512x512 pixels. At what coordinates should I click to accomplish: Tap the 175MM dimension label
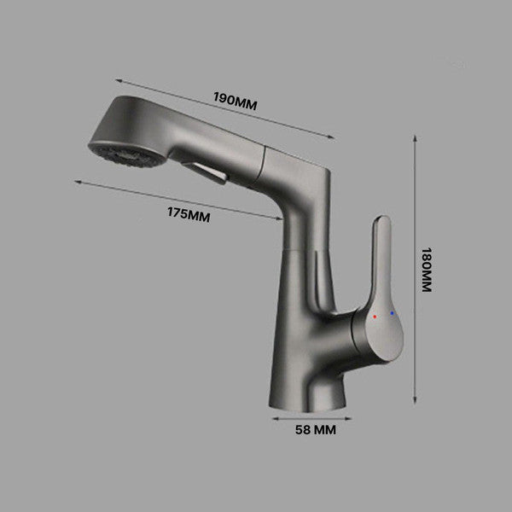point(189,214)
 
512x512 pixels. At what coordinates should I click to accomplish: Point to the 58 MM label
point(315,431)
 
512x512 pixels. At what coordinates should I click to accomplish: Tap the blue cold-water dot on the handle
point(392,313)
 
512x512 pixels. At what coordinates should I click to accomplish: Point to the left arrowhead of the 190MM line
point(117,81)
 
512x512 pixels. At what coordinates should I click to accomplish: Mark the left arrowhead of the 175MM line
point(76,182)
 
